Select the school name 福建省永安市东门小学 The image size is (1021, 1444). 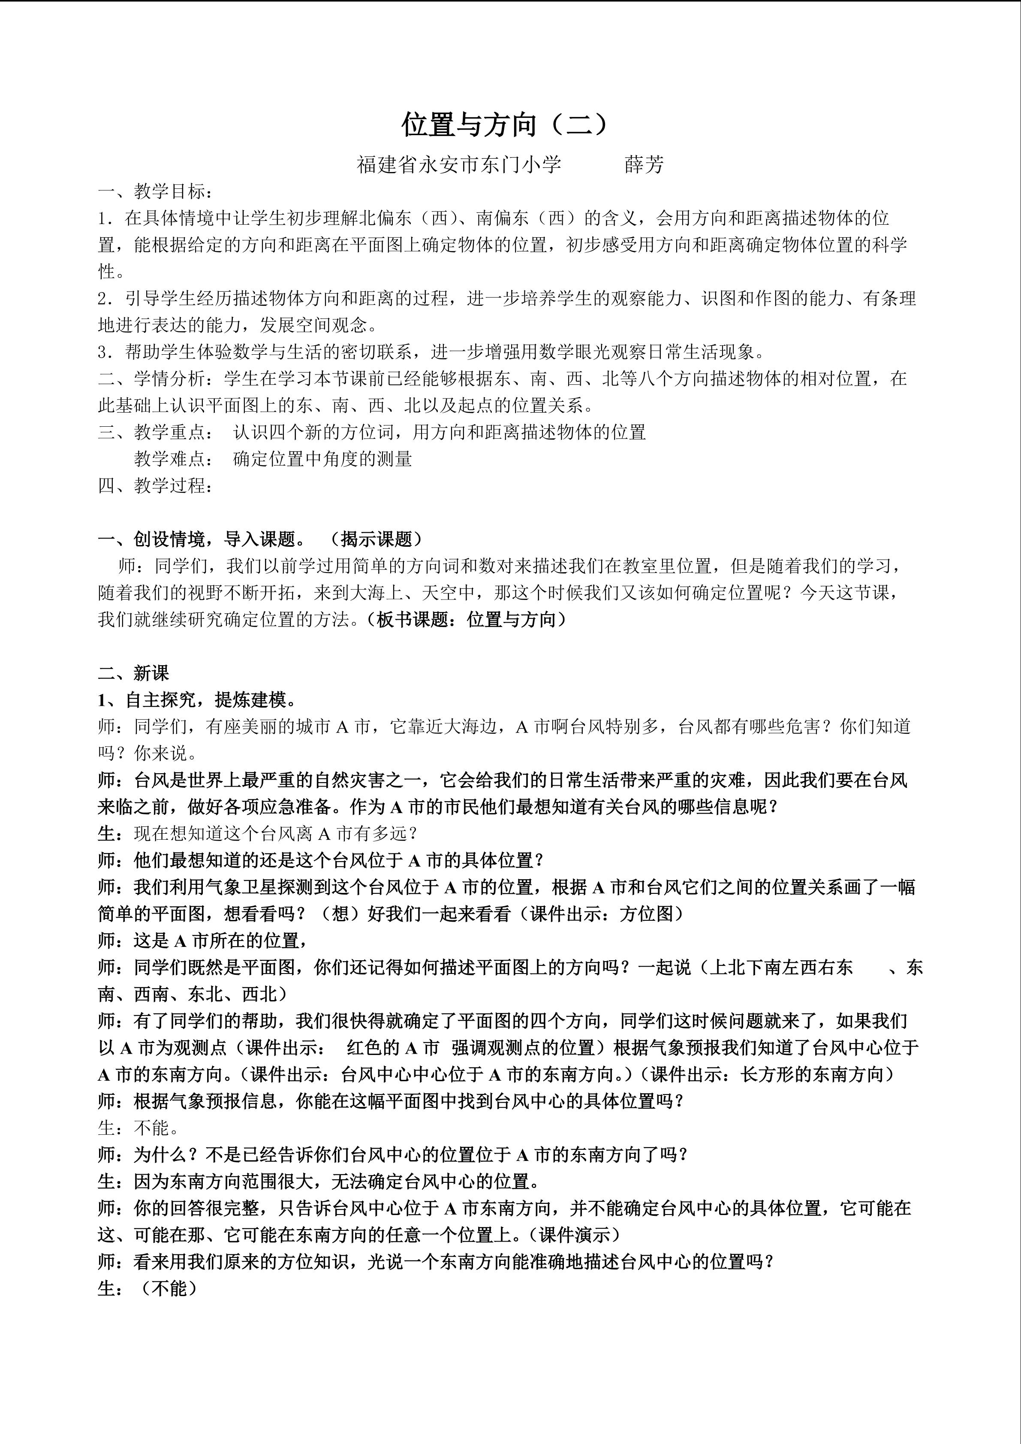tap(459, 165)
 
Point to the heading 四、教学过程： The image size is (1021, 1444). tap(156, 485)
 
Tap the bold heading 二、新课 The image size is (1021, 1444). tap(133, 674)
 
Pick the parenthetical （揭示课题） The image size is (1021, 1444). tap(376, 539)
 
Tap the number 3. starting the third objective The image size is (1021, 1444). tap(105, 352)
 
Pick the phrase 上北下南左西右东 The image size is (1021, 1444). tap(781, 967)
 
